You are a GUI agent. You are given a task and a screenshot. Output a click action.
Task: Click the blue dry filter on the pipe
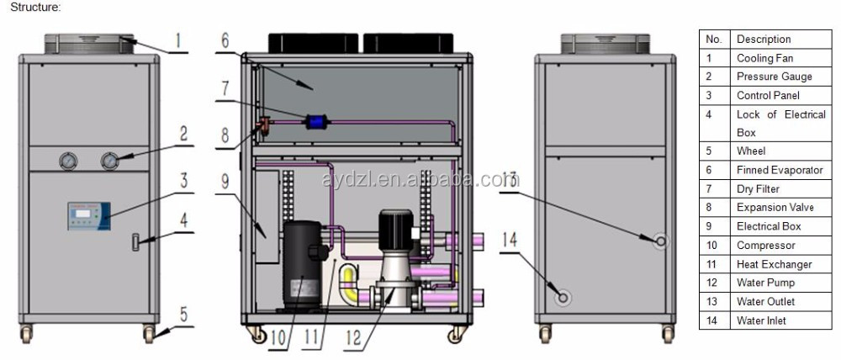(313, 123)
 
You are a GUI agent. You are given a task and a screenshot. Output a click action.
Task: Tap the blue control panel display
(89, 216)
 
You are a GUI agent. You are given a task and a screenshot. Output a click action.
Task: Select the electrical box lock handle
(135, 242)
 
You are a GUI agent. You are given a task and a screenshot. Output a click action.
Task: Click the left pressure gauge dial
(69, 161)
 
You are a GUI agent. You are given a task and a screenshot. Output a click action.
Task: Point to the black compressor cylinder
(302, 265)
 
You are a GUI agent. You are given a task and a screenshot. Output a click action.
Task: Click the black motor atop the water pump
(396, 230)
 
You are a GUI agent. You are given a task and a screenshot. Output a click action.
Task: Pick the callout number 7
(225, 87)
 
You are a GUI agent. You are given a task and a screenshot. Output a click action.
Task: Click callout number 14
(509, 240)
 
